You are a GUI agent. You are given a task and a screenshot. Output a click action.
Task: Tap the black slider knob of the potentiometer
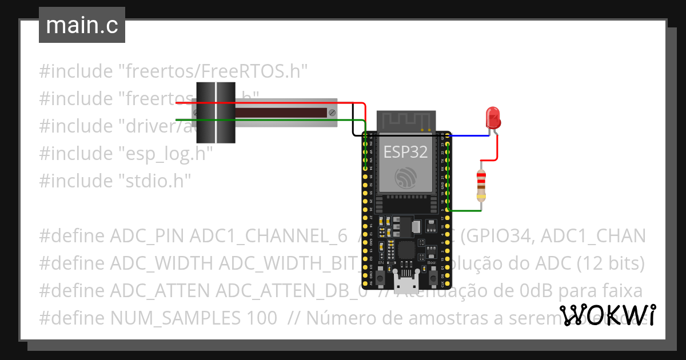click(x=216, y=113)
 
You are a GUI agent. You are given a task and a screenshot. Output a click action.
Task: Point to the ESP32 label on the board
click(x=405, y=152)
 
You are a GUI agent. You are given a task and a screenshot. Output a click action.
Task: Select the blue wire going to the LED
click(x=470, y=136)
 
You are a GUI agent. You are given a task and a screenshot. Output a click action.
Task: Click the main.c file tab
click(x=82, y=25)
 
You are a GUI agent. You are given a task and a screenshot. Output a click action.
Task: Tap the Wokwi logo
click(x=607, y=315)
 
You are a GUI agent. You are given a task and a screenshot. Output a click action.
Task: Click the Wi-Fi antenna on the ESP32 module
click(x=406, y=121)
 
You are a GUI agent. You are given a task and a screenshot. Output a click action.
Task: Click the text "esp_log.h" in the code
click(x=165, y=153)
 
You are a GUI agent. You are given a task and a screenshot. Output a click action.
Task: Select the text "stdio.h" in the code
click(x=154, y=181)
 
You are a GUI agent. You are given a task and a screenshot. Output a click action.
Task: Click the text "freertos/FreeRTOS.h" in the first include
click(x=213, y=71)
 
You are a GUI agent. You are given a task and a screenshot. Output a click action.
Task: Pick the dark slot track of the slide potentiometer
click(x=280, y=113)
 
